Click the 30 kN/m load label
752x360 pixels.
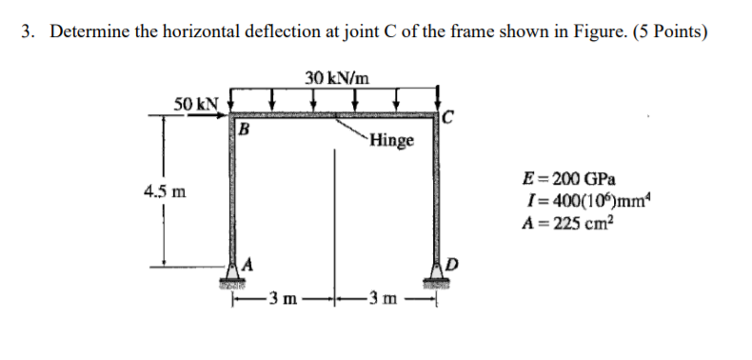pos(337,77)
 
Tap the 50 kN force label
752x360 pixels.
pos(196,103)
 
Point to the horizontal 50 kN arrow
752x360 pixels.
pos(207,115)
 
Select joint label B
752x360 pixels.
pos(244,129)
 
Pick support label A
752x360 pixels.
pos(249,264)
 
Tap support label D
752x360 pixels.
pos(453,264)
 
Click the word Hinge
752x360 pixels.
pos(392,141)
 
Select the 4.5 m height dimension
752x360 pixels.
pos(165,192)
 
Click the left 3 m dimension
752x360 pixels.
pos(282,300)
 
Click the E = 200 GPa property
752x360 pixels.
pos(569,179)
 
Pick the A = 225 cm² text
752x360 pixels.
pos(568,223)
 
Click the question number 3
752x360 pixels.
pos(28,32)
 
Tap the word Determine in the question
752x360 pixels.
pos(89,32)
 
